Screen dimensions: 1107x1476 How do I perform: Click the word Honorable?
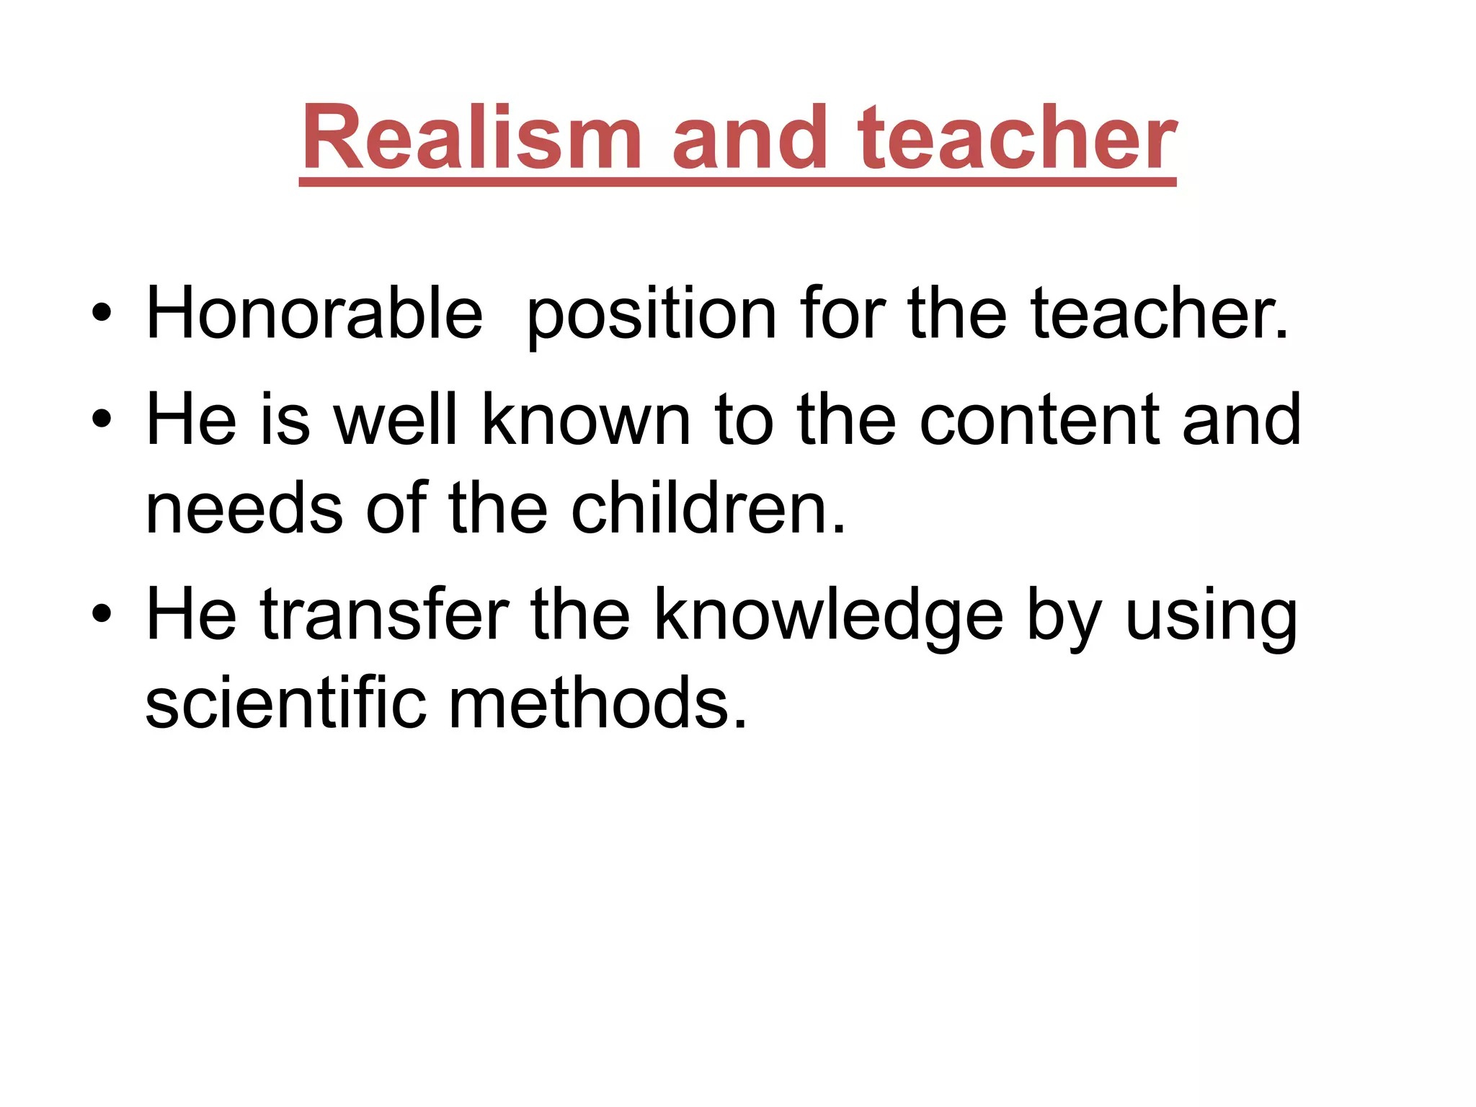point(314,313)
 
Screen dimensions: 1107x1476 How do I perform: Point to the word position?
point(652,314)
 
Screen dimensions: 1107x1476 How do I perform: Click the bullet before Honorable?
point(102,314)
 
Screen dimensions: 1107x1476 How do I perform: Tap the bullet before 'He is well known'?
point(102,419)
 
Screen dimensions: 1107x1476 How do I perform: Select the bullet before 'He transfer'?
point(102,614)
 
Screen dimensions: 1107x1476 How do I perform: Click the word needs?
point(244,509)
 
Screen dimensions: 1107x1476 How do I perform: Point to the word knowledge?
point(827,614)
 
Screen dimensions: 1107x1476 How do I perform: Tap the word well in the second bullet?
point(396,419)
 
